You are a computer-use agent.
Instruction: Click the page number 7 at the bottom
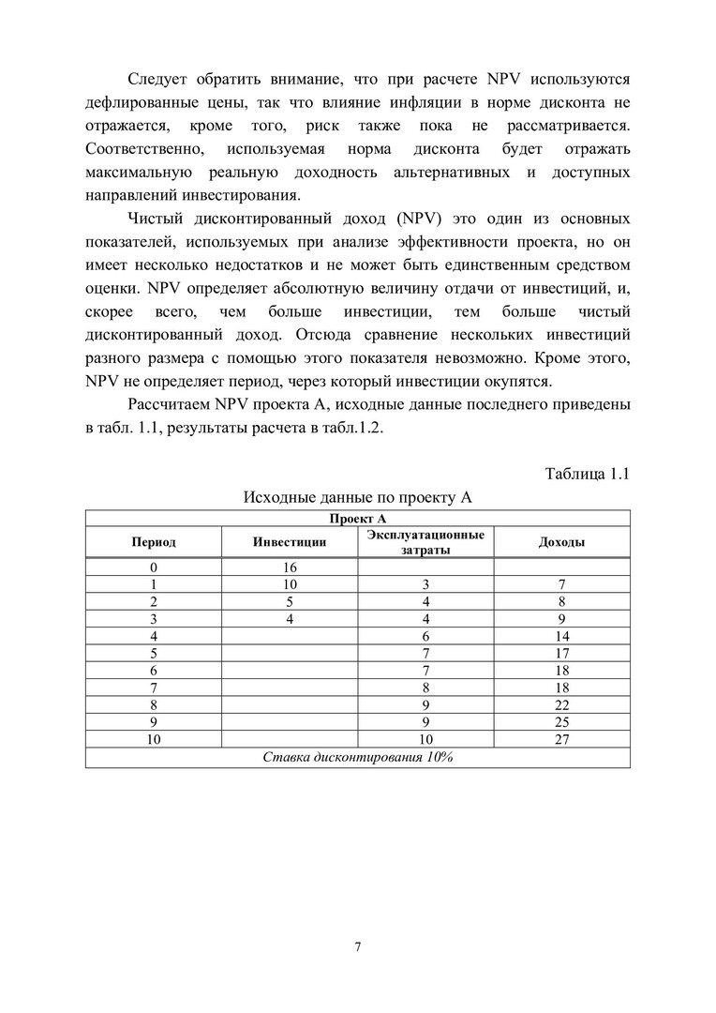point(358,945)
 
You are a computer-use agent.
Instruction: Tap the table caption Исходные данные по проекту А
point(357,497)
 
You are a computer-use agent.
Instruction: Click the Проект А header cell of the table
point(357,518)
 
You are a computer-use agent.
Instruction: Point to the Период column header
point(153,542)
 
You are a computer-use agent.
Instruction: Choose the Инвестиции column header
point(290,542)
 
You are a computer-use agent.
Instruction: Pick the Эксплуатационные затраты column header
point(425,542)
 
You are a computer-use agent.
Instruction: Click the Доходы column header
point(562,542)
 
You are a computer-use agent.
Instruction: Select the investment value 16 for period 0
point(290,567)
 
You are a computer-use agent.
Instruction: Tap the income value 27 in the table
point(562,738)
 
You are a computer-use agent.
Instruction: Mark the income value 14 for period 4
point(562,635)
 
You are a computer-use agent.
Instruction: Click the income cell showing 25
point(562,721)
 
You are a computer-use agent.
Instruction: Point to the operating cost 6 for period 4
point(425,635)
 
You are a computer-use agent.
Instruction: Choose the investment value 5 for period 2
point(290,601)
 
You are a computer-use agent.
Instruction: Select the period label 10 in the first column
point(153,738)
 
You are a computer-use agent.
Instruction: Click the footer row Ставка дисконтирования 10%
point(357,757)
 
